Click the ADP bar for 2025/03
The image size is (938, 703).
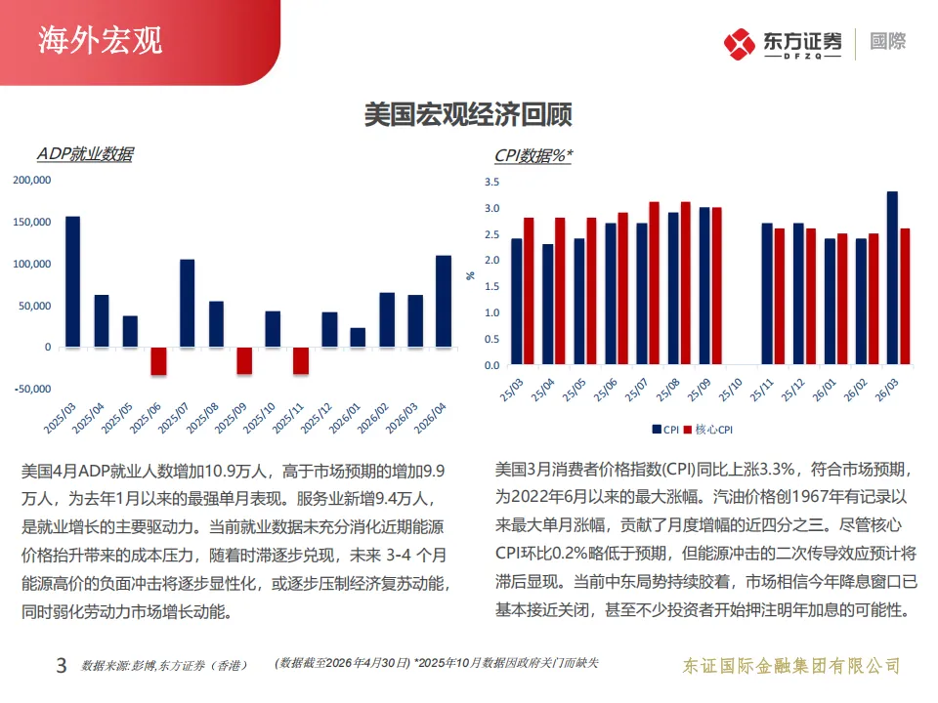pos(73,281)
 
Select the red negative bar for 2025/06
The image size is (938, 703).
pos(158,361)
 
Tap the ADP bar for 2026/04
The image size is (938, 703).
pos(444,302)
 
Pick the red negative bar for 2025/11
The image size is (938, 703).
pos(301,361)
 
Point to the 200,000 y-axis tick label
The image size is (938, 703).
pos(32,180)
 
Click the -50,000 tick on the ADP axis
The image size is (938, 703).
pos(33,389)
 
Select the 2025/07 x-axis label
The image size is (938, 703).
pos(174,418)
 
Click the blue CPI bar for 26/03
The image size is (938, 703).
pos(892,278)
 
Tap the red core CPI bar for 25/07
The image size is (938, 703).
pos(654,283)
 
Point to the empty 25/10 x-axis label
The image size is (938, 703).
pos(731,390)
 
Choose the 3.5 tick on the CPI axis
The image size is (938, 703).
pos(491,182)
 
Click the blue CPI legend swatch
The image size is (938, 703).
pos(657,430)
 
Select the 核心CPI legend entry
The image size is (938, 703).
pos(708,430)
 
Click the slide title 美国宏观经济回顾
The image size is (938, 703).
pos(468,114)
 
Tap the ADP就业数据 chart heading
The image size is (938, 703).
pos(86,154)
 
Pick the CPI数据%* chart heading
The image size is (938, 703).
pos(533,155)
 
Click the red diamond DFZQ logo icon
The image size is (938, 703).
pos(740,44)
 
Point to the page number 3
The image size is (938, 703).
pos(61,665)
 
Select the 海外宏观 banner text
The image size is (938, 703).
pos(101,41)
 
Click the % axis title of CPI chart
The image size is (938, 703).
pos(471,275)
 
